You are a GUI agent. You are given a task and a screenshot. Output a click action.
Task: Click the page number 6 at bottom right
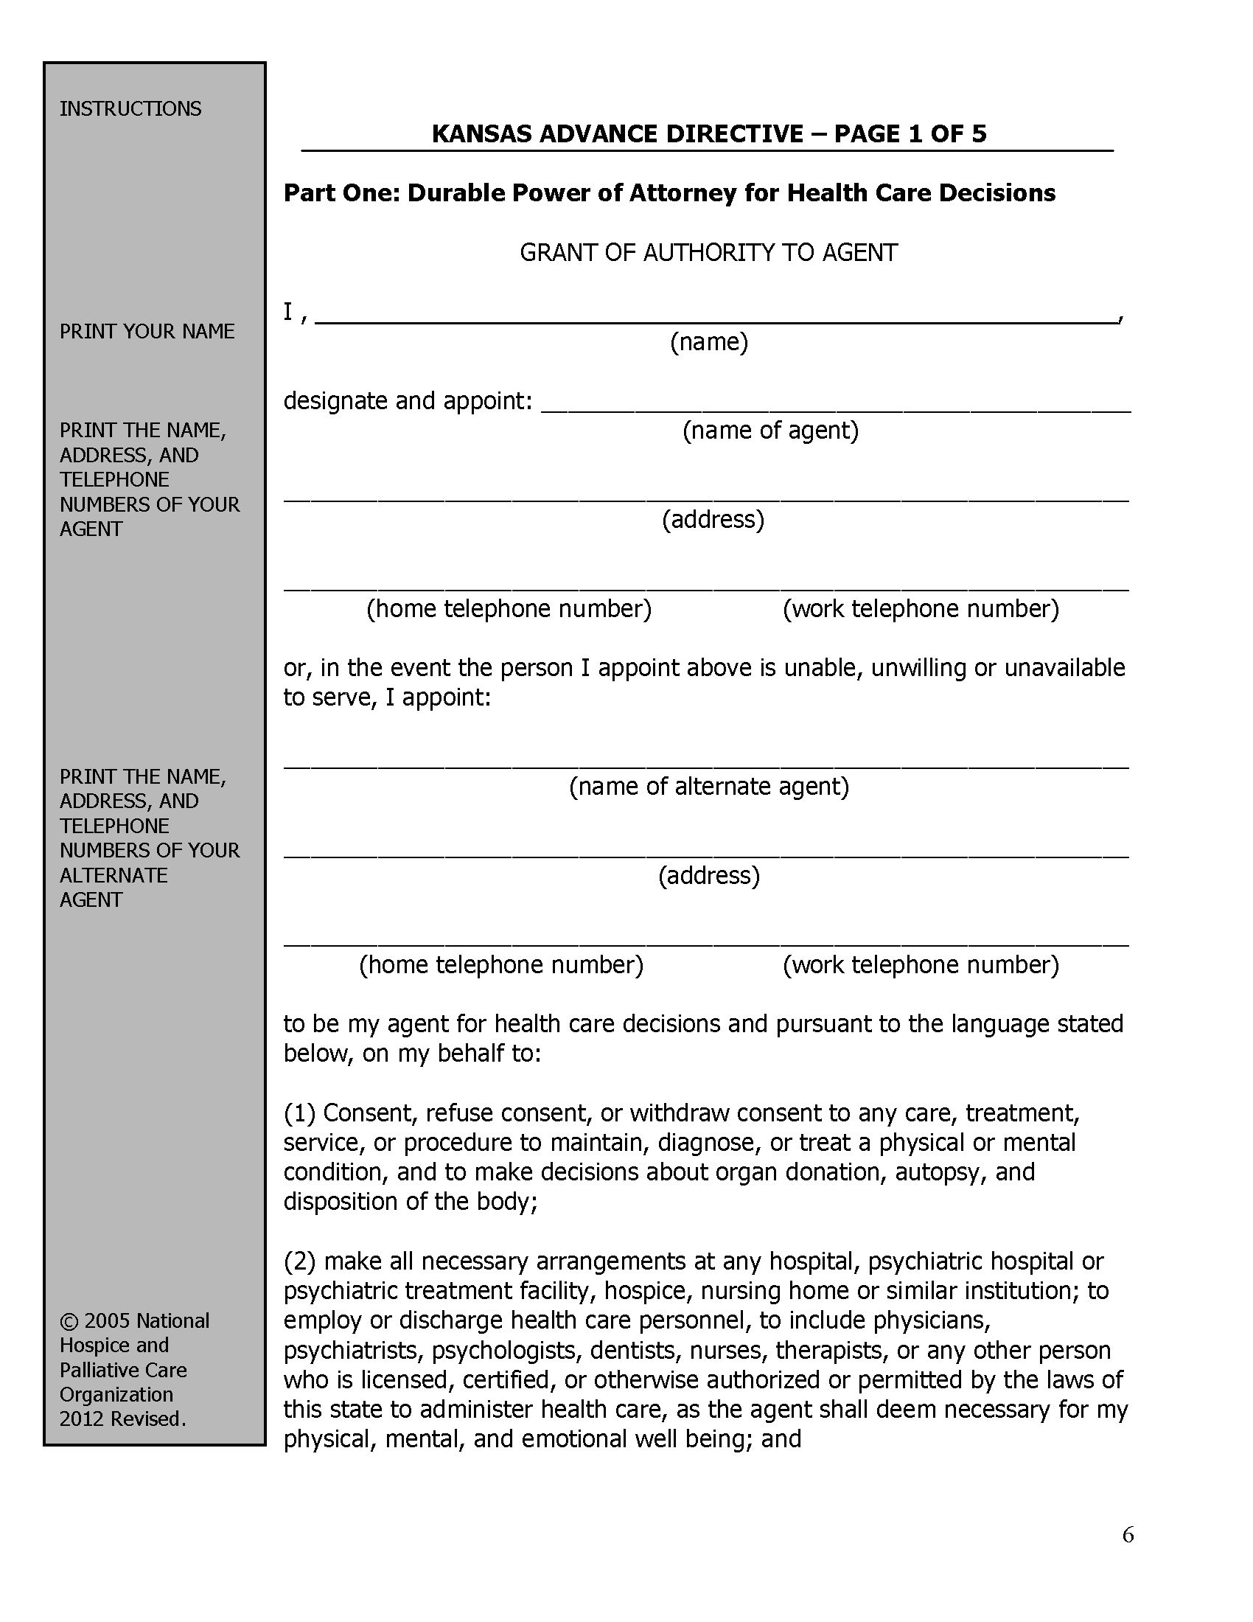(x=1128, y=1534)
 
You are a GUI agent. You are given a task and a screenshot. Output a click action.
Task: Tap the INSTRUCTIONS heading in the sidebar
(x=130, y=108)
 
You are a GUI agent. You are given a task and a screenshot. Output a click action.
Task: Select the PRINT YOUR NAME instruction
(x=147, y=331)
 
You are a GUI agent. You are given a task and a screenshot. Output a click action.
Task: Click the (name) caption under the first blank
(x=709, y=341)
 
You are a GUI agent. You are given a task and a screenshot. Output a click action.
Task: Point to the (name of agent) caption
(x=770, y=430)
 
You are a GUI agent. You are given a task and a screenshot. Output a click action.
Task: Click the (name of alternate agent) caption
(x=709, y=786)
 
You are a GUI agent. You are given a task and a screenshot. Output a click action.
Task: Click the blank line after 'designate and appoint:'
(x=835, y=405)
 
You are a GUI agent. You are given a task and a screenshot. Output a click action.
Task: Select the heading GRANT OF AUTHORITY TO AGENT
(x=708, y=252)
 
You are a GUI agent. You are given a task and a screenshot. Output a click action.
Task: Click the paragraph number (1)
(x=300, y=1113)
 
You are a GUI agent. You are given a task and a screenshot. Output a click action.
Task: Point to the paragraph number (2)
(x=300, y=1261)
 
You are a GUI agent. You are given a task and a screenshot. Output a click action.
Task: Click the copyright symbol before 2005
(x=69, y=1321)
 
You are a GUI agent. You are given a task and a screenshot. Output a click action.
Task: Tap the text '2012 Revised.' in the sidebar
(x=122, y=1419)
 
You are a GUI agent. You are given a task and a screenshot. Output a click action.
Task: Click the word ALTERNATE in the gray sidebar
(x=114, y=875)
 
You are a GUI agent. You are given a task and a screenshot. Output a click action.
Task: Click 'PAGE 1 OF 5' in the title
(x=910, y=133)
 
